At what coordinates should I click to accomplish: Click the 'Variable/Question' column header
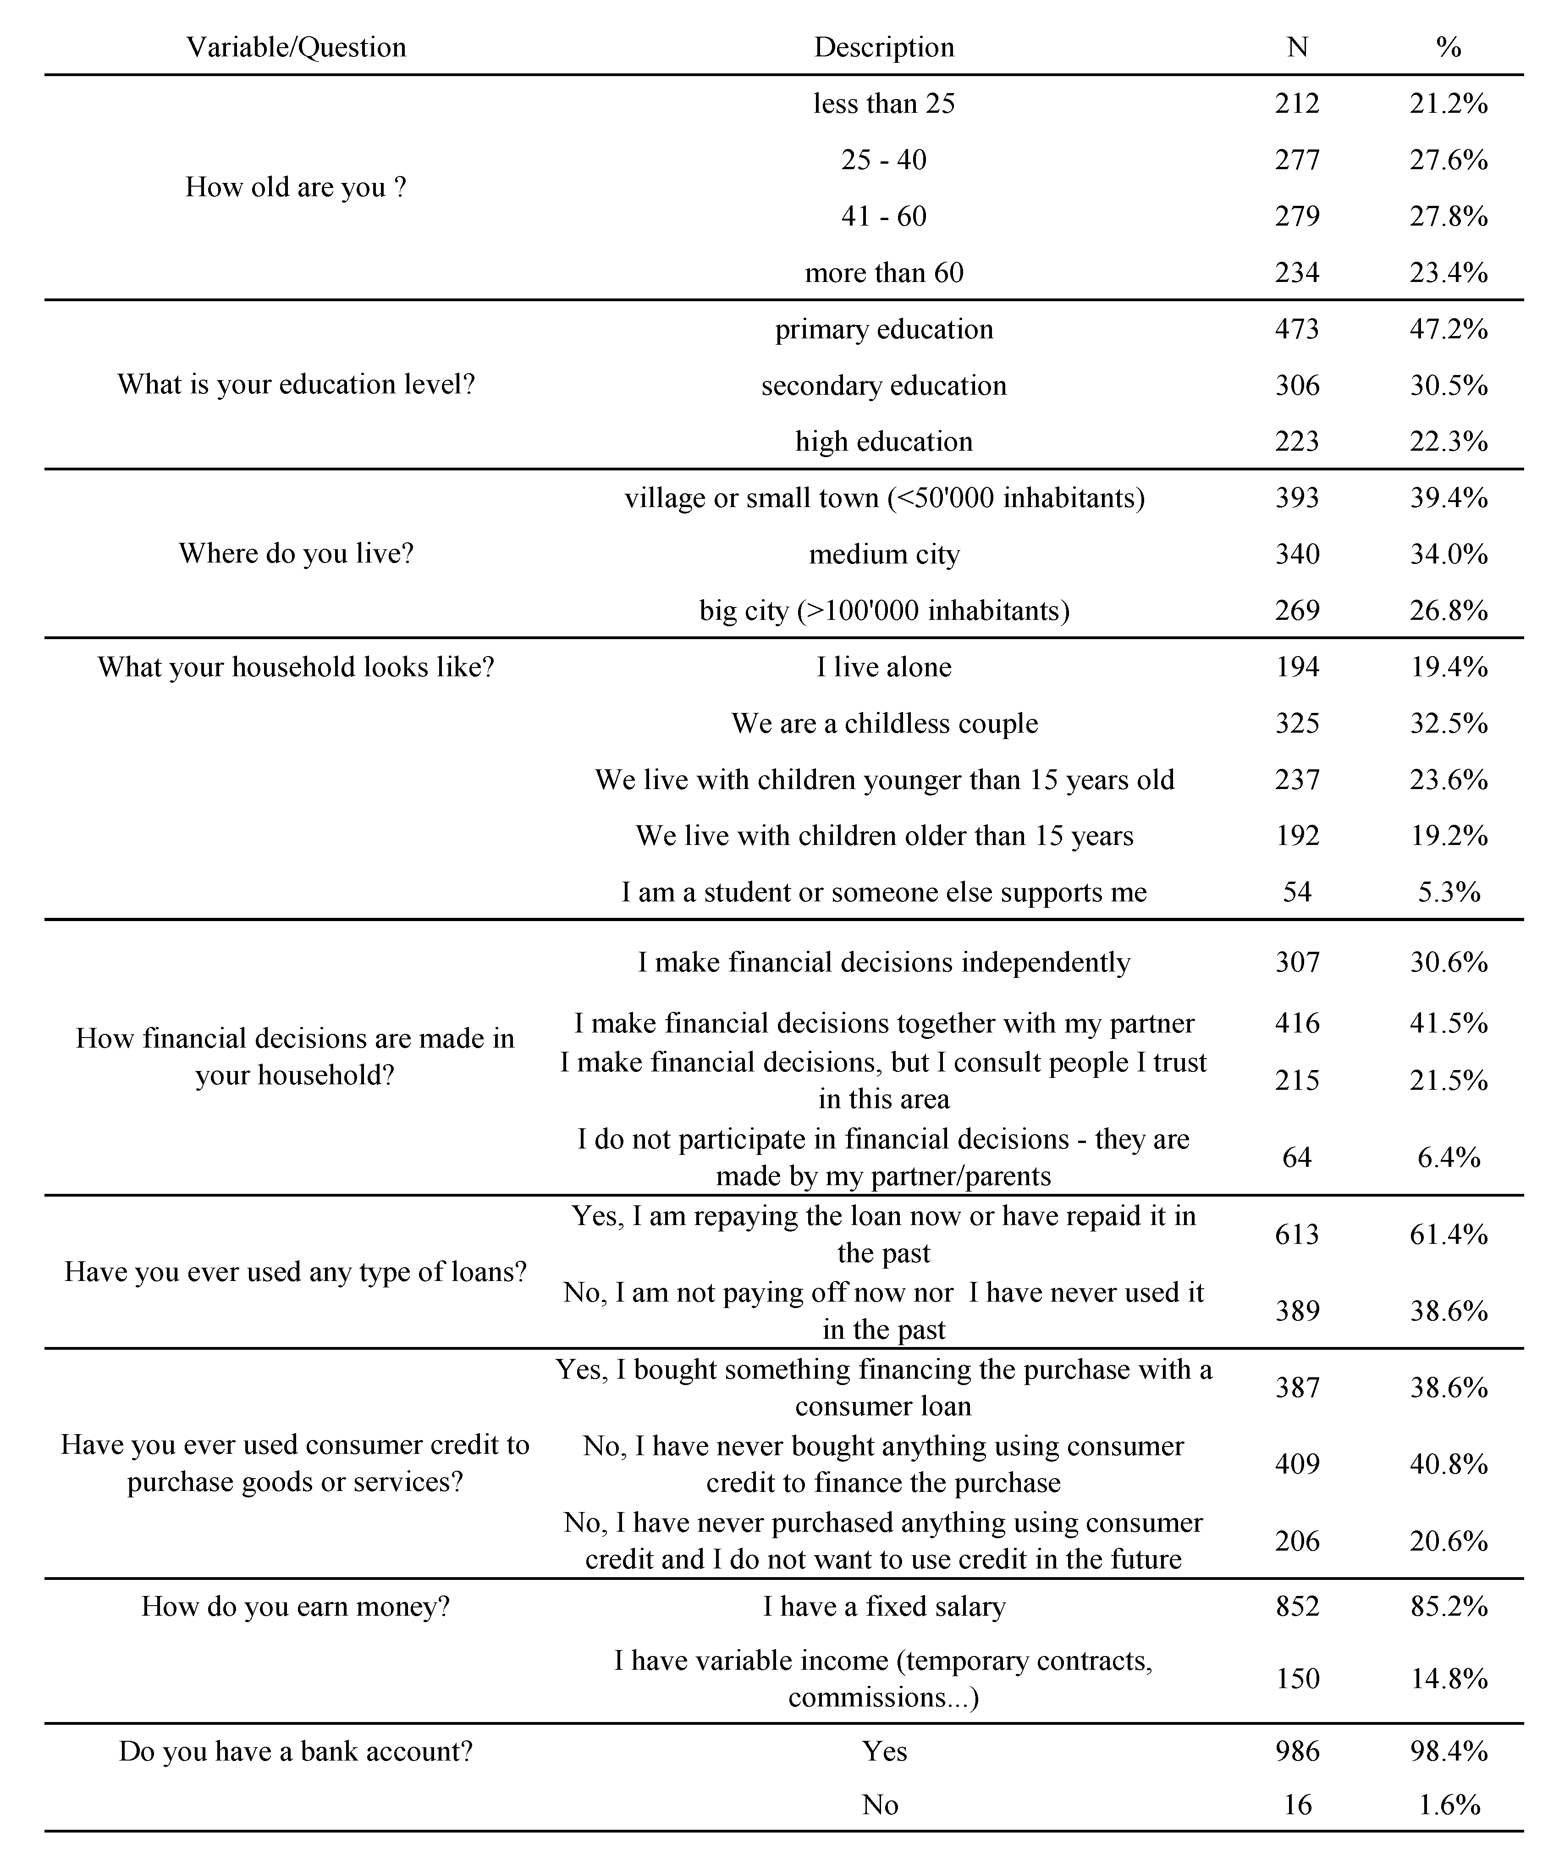(296, 47)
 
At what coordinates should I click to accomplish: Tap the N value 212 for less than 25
(1296, 104)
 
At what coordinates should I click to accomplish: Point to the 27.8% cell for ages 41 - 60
(1448, 216)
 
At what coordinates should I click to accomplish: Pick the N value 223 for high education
(1296, 442)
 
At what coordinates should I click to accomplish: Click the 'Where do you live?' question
(296, 553)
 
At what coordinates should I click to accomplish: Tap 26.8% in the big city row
(1448, 610)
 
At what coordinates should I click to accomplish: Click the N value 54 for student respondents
(1296, 892)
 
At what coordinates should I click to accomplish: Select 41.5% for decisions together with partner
(1448, 1024)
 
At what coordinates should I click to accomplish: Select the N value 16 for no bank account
(1296, 1805)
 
